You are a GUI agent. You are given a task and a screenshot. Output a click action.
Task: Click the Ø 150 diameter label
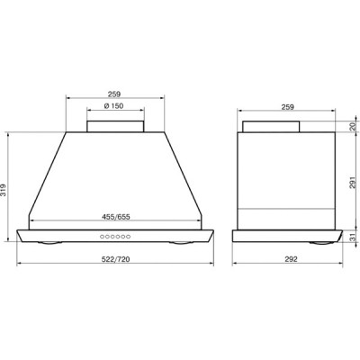[114, 106]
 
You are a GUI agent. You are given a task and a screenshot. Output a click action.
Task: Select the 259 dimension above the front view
[114, 94]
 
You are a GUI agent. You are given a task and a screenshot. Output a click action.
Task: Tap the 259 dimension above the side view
[288, 106]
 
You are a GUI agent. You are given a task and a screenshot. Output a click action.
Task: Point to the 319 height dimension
[4, 190]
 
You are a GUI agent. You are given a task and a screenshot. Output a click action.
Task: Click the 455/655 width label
[116, 217]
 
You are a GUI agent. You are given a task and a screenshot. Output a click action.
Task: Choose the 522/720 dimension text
[116, 259]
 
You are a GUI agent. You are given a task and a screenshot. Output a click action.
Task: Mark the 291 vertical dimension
[354, 182]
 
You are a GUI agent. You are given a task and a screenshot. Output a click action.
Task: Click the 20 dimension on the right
[354, 126]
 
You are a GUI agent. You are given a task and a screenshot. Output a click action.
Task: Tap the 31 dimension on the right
[354, 237]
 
